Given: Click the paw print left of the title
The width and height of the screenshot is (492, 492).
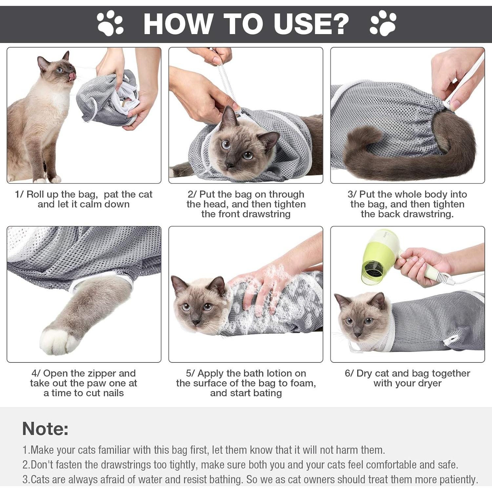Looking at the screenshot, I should (x=110, y=23).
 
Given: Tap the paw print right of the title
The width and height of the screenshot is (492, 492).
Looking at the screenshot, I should (x=383, y=23).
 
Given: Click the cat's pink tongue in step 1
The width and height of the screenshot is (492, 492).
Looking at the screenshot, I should (x=72, y=77).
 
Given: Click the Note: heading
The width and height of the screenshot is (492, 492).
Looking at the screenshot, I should (x=45, y=428).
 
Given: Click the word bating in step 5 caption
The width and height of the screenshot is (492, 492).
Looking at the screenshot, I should (x=268, y=393).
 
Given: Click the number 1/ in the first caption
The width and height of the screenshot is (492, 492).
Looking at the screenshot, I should (x=19, y=195).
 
